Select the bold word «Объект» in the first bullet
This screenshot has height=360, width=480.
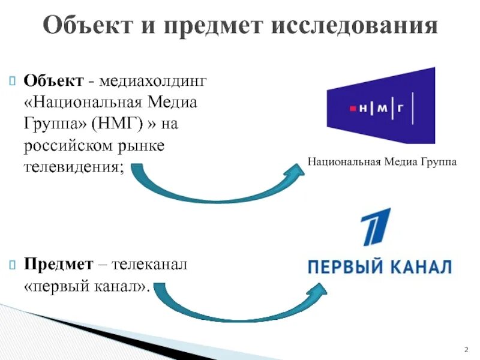coord(52,80)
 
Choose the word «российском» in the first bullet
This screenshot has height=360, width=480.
coord(68,146)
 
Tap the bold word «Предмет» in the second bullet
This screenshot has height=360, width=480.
coord(59,264)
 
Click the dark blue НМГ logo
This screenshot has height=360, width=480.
coord(380,106)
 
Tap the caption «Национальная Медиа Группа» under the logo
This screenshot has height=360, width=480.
coord(382,162)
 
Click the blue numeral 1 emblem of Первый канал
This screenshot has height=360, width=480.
coord(375,227)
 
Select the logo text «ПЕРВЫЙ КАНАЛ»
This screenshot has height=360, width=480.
coord(379,267)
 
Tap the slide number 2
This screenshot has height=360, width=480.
coord(466,349)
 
